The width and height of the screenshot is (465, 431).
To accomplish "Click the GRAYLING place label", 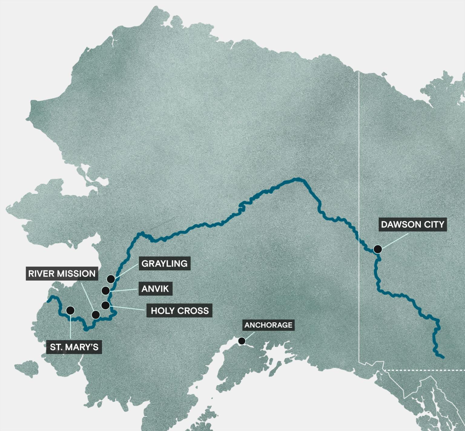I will [x=164, y=264].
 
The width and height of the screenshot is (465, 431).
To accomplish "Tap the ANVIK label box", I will [x=155, y=289].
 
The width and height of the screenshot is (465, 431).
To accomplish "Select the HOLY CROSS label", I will [x=180, y=311].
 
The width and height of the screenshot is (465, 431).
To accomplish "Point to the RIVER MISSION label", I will [x=62, y=274].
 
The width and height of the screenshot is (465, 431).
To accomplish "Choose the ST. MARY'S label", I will [x=74, y=347].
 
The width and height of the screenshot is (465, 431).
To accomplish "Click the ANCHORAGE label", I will [x=268, y=325].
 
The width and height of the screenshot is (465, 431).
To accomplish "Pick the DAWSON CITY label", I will [x=413, y=225].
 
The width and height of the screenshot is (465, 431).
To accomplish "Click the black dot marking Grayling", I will [x=111, y=279].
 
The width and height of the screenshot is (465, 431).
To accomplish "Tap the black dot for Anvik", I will [x=105, y=291].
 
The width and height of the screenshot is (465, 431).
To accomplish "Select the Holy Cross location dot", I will [x=105, y=305].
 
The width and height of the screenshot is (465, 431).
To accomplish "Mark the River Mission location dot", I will [x=96, y=315].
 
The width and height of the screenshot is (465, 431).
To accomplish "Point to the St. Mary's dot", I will [x=70, y=310].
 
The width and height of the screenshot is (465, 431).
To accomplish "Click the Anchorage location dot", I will [x=242, y=341].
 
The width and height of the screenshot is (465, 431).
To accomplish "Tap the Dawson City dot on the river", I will [x=378, y=249].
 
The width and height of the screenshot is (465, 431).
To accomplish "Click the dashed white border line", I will [x=424, y=370].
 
